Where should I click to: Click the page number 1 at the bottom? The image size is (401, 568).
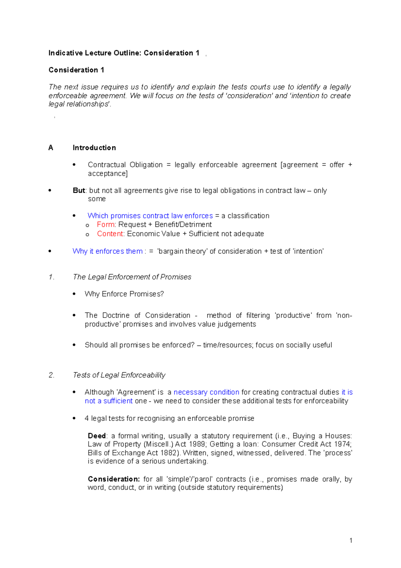coord(351,540)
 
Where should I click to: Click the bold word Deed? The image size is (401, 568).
coord(97,436)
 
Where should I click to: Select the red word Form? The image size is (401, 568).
coord(106,224)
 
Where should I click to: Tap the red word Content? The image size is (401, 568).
coord(111,233)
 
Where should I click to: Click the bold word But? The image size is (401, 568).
coord(79,190)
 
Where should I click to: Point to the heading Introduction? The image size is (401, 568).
coord(94,148)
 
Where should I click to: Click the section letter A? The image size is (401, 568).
coord(51,148)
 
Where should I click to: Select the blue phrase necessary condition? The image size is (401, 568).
coord(206,392)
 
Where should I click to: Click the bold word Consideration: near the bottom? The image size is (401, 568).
coord(114,479)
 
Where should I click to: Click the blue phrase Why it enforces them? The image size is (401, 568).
coord(108,251)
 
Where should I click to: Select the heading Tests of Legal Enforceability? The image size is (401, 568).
coord(119,375)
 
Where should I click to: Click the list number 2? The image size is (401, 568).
coord(51,375)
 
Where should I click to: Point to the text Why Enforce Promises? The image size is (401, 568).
coord(124,294)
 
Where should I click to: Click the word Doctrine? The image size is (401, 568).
coord(116,315)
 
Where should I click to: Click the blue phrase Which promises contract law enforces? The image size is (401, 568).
coord(150,216)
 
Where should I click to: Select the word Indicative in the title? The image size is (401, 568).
coord(65,53)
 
